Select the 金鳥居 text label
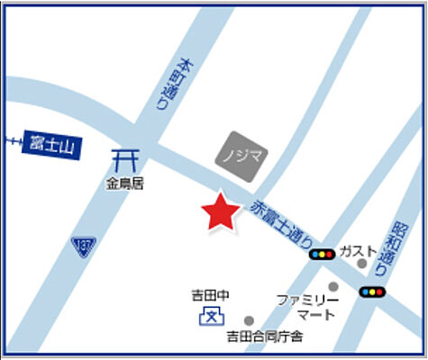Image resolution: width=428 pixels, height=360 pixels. coord(124,184)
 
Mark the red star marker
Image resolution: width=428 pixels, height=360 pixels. coord(219,213)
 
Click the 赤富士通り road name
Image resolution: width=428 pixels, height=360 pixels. coord(283,223)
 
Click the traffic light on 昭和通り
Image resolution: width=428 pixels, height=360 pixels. coord(371,292)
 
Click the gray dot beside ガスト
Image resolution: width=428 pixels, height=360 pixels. coord(362,264)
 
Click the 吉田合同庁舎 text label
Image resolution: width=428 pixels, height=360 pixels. coord(265,337)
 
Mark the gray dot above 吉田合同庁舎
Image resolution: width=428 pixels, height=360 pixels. coord(250,319)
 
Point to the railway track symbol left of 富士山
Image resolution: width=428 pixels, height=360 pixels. coord(13,139)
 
